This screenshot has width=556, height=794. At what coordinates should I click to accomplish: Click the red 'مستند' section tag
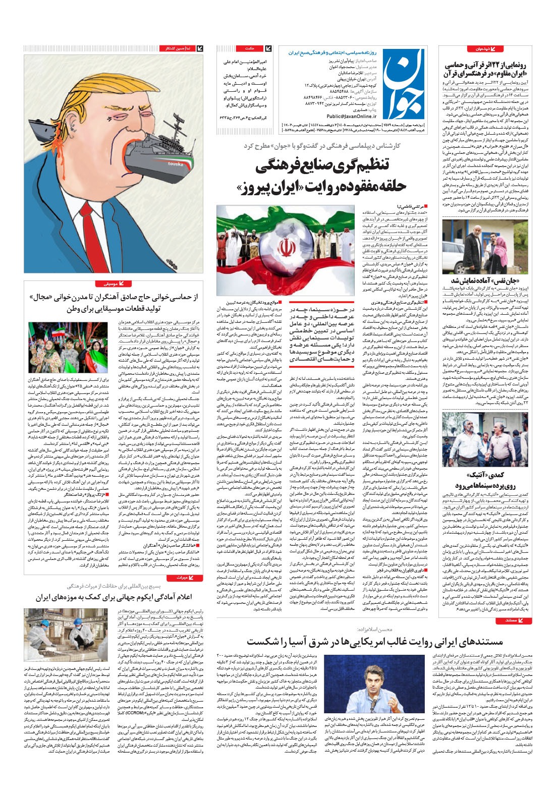(x=514, y=620)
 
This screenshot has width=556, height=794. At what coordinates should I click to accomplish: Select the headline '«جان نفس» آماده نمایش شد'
(x=485, y=280)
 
